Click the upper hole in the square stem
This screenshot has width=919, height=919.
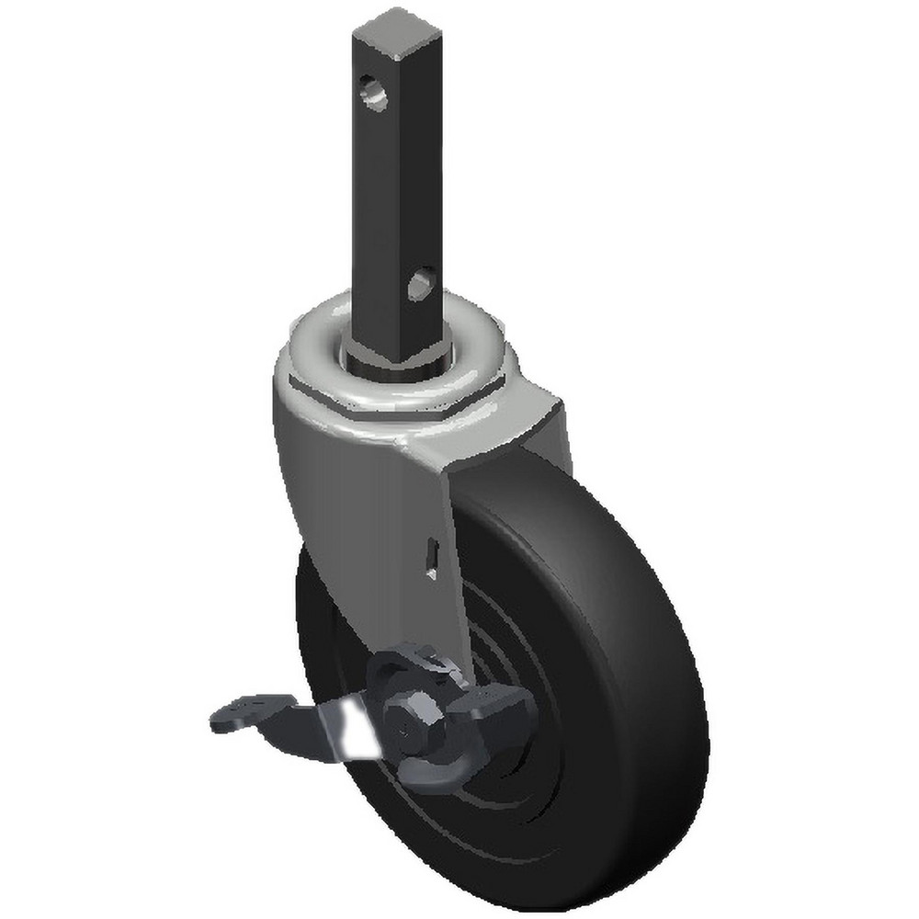tap(373, 93)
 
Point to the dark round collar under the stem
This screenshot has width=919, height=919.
tap(397, 358)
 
